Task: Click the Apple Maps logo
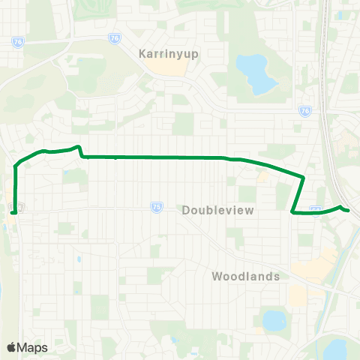(27, 347)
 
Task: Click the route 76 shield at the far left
(16, 43)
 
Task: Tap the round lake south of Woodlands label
(273, 320)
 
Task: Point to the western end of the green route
(13, 212)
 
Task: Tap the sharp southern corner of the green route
(292, 212)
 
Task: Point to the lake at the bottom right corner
(335, 349)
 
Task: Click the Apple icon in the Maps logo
(11, 347)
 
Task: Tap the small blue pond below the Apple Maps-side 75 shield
(78, 259)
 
